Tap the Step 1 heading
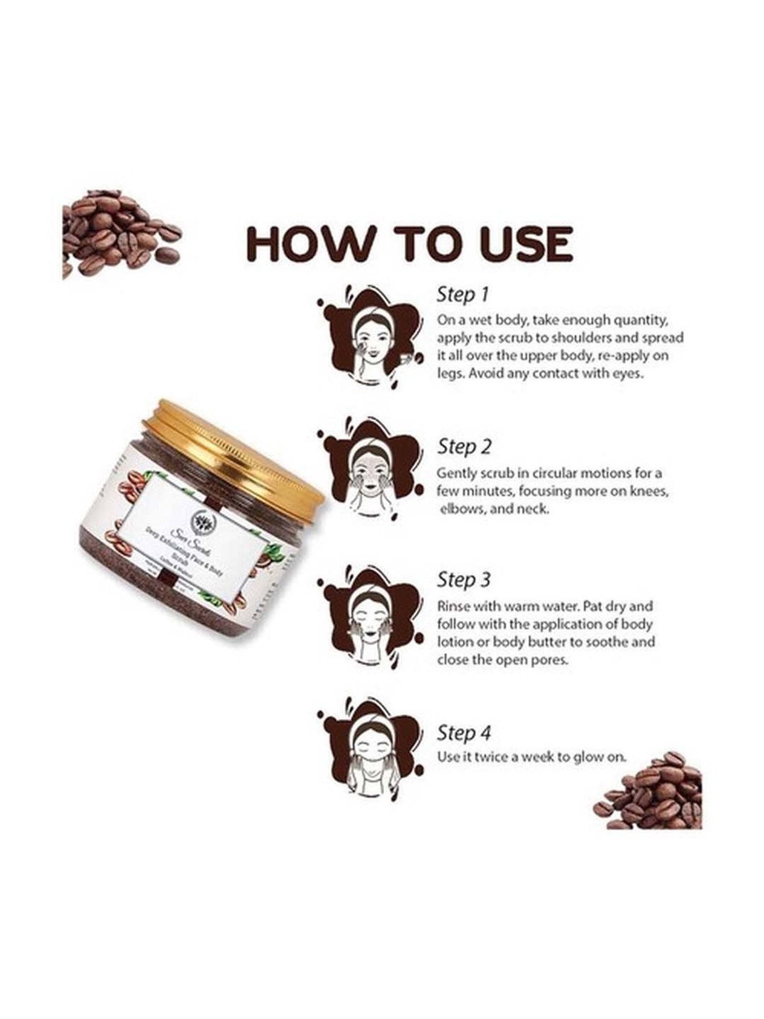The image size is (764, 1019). (462, 294)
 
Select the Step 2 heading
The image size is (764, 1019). (464, 447)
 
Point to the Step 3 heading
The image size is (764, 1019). (463, 580)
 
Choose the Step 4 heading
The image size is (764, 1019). (463, 733)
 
